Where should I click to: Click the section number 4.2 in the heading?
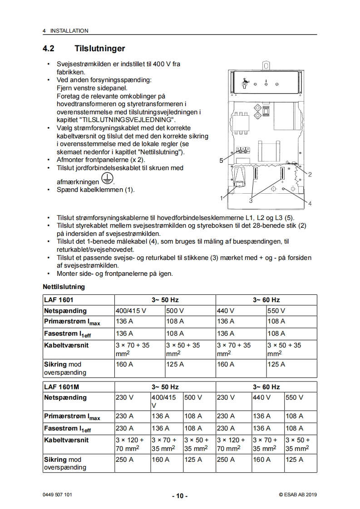49,48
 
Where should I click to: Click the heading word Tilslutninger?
100,48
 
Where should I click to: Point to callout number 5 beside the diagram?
221,161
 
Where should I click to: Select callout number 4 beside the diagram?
310,204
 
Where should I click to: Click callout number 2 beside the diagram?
310,174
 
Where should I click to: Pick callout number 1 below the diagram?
221,198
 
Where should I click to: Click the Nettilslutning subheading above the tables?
64,287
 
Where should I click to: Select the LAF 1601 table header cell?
59,300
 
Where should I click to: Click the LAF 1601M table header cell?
61,387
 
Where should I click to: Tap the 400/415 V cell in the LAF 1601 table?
132,311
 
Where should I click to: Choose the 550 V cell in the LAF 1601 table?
276,311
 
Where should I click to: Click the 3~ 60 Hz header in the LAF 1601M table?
266,387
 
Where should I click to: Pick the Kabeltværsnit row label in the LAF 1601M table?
67,440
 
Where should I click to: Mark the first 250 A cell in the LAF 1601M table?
125,460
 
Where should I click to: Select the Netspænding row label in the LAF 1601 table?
65,311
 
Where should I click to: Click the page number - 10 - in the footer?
180,496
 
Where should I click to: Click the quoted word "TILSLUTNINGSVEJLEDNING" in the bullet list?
127,120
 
